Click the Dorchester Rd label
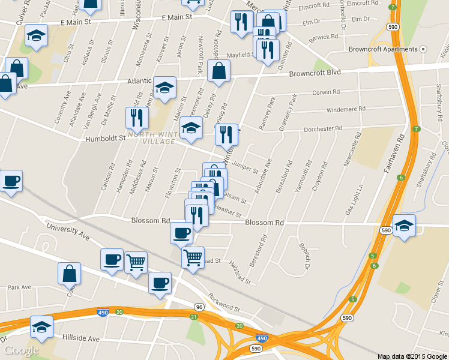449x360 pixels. pos(322,128)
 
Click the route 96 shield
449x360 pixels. pos(199,307)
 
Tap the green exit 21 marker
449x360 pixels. pos(193,317)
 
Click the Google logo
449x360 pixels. pos(21,350)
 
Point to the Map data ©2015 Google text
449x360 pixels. pos(412,356)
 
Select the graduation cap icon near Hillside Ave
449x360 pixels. pos(42,327)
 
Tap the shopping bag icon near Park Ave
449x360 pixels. pos(70,273)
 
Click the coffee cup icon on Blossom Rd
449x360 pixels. pos(181,233)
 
